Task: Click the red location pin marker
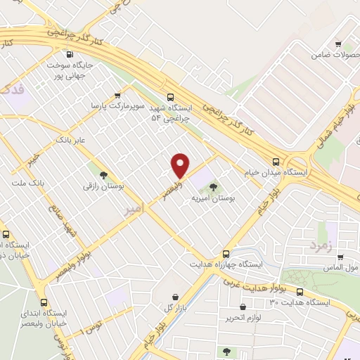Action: pos(181,165)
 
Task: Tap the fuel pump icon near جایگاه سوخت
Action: pos(69,55)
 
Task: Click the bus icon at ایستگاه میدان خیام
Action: pos(277,161)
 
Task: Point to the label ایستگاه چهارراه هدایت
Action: pos(226,264)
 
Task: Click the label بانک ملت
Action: pos(27,182)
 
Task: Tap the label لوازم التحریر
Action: pos(243,318)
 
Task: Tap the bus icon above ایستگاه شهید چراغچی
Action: pos(169,97)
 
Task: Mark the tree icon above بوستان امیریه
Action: pos(214,187)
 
